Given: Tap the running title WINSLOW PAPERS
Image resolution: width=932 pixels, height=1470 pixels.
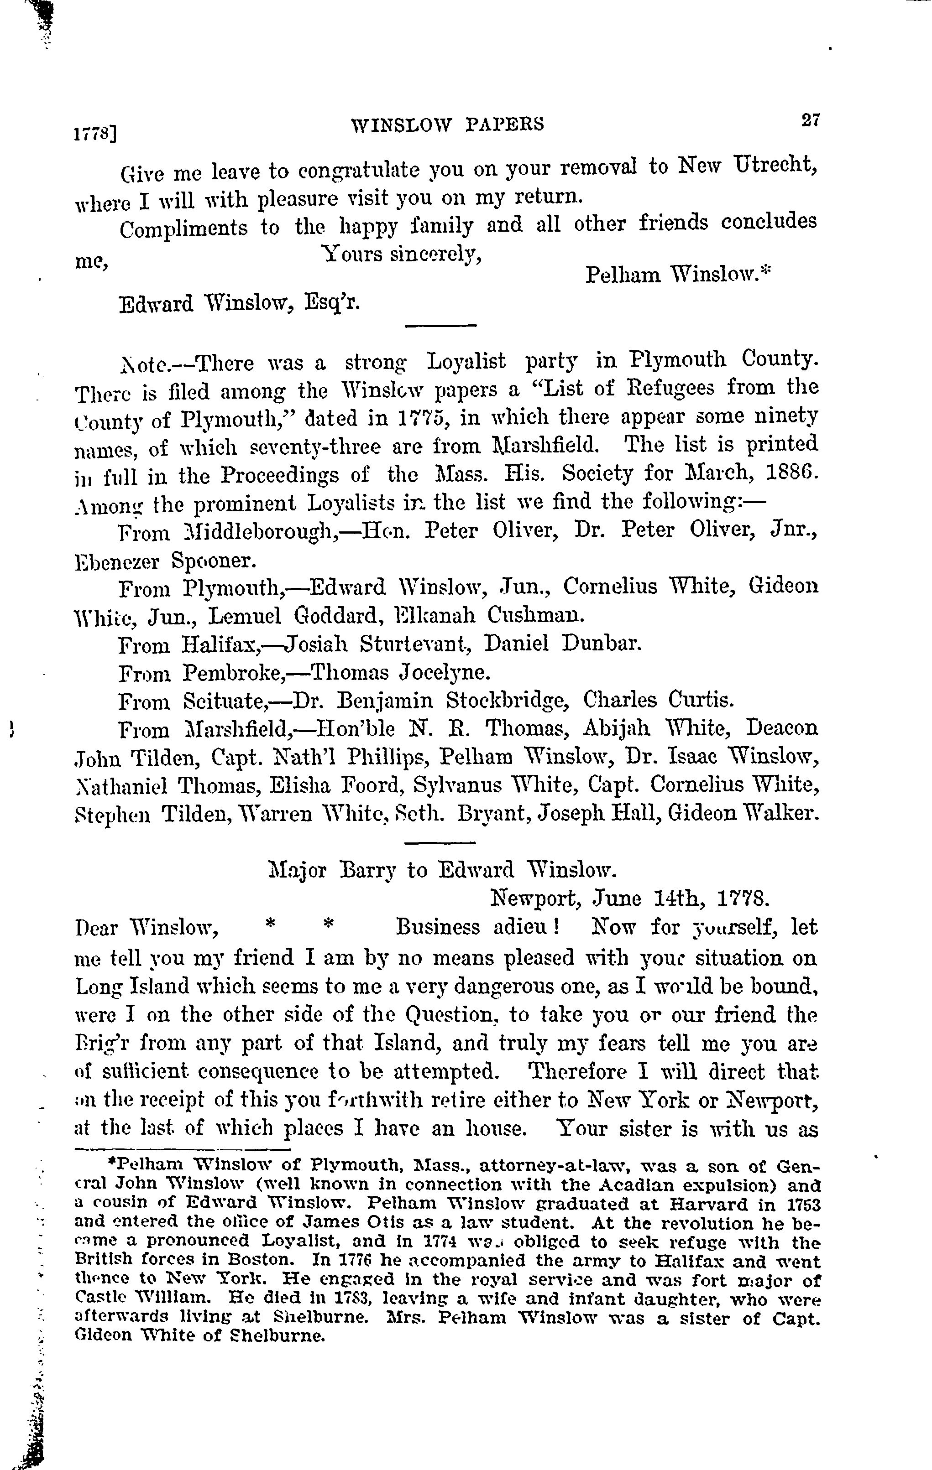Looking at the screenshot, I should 448,125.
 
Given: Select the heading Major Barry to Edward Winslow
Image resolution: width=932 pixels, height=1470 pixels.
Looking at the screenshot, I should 439,869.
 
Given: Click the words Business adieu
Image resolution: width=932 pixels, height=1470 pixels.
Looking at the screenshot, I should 477,927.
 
